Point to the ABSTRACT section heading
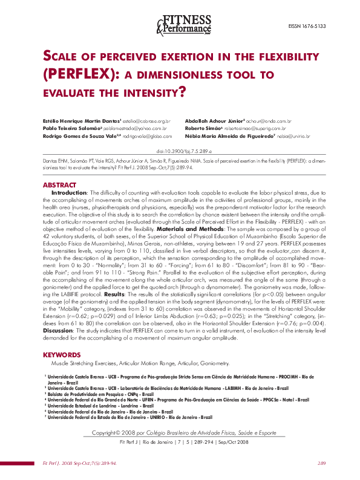click(x=59, y=184)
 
